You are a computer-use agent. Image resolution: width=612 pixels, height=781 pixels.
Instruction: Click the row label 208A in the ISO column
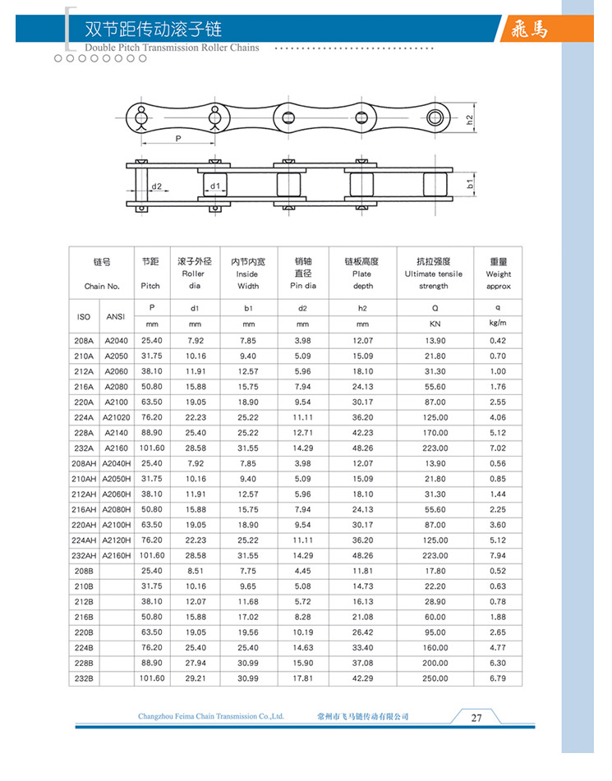(x=84, y=340)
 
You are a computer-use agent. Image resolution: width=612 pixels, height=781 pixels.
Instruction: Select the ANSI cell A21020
(x=116, y=417)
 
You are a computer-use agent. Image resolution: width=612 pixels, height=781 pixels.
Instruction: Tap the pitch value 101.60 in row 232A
(x=152, y=448)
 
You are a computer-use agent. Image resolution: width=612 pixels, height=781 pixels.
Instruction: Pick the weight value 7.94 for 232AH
(x=498, y=555)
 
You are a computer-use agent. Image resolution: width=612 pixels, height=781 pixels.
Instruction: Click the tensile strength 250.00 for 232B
(x=435, y=678)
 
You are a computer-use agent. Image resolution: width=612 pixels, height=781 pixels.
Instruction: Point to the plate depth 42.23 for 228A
(x=362, y=433)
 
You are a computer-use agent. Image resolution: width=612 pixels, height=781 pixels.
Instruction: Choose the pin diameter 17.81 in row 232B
(x=302, y=678)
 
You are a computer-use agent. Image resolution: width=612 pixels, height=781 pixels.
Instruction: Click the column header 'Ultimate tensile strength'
(x=434, y=273)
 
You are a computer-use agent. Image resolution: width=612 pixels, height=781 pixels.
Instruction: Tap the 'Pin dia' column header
(x=302, y=273)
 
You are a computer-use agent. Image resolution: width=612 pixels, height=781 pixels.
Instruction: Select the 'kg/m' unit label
(x=498, y=324)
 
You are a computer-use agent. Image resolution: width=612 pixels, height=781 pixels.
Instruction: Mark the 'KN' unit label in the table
(x=435, y=324)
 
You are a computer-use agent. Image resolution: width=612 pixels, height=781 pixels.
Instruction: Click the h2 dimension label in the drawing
(x=469, y=119)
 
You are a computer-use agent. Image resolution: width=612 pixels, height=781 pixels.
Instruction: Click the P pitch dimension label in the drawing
(x=177, y=140)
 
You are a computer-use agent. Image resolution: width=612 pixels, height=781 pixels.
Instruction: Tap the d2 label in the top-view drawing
(x=155, y=186)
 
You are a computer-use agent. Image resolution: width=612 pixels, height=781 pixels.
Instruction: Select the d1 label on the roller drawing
(x=214, y=186)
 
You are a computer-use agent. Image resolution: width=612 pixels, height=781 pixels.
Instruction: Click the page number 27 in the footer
(x=476, y=717)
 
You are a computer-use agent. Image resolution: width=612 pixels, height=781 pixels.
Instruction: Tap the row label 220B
(x=84, y=632)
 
